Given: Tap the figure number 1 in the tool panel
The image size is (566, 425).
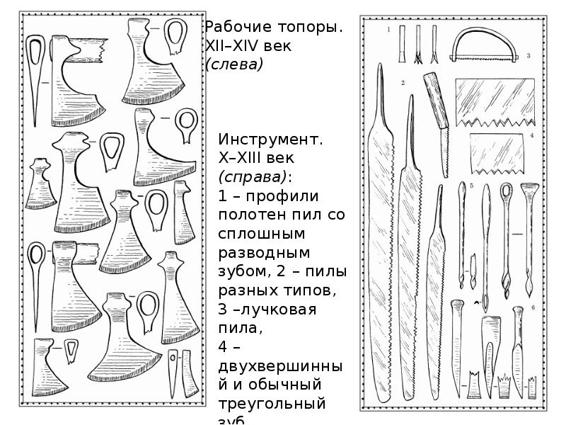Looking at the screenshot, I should click(388, 30).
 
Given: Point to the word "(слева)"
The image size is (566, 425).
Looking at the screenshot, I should click(233, 64).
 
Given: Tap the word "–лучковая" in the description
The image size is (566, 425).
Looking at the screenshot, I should click(273, 310).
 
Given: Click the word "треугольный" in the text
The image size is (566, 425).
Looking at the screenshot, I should click(272, 404).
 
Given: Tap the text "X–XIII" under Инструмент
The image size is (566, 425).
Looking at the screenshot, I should click(241, 158).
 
